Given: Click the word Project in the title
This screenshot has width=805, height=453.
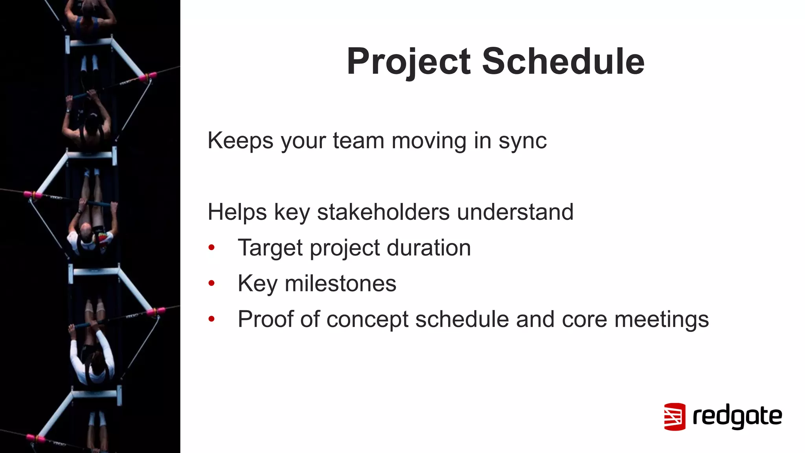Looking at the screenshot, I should [408, 61].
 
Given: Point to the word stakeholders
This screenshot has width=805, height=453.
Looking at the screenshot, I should [383, 212].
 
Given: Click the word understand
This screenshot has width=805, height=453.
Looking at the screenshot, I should [515, 212].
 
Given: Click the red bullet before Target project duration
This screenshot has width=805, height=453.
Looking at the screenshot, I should [211, 247].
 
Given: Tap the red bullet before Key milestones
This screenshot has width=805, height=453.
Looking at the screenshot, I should [211, 283].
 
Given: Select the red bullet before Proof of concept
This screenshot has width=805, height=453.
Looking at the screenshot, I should [211, 319].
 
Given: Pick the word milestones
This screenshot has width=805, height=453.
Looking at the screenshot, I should [340, 284].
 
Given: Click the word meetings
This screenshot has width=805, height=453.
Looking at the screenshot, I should [662, 319].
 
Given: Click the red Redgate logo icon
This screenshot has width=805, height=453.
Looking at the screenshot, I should [675, 416].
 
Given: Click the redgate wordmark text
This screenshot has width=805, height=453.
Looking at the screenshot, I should [737, 416].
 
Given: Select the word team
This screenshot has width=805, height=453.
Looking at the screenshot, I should [358, 141].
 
